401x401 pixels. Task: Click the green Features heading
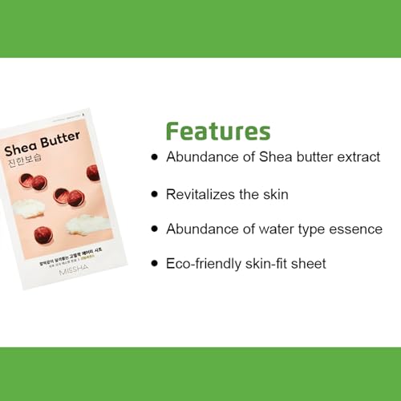[x=217, y=132]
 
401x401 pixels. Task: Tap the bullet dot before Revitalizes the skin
[x=155, y=194]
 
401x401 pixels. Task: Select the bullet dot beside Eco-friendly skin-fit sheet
[x=155, y=264]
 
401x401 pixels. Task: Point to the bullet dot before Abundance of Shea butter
[x=155, y=157]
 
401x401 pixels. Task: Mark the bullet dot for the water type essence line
[x=155, y=229]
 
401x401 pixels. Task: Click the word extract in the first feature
[x=358, y=157]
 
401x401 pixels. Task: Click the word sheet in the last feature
[x=309, y=264]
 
